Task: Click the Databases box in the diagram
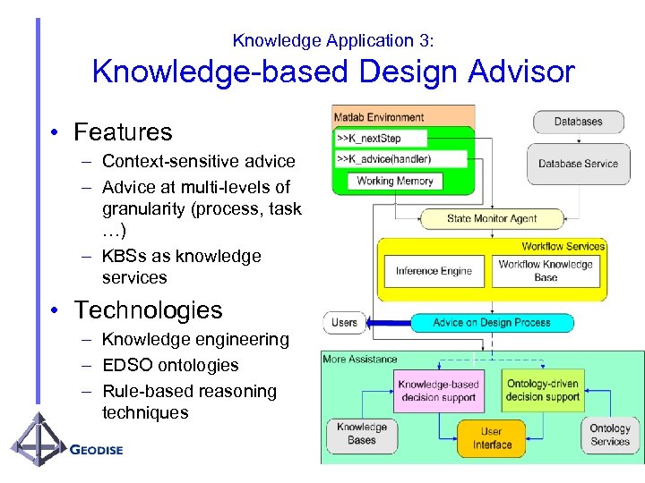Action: (x=578, y=122)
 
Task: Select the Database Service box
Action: (x=578, y=164)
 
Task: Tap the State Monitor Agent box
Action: (x=492, y=218)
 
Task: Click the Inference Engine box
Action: (x=434, y=271)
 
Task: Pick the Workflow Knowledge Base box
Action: (x=546, y=271)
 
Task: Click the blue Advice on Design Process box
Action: (x=492, y=322)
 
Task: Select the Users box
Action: (x=344, y=322)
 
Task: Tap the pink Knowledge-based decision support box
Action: (x=438, y=390)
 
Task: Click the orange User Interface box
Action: (x=492, y=438)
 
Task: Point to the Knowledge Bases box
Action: (x=362, y=434)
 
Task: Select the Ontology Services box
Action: (x=610, y=435)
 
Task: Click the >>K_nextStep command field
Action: (x=380, y=139)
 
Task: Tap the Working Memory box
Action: (x=394, y=181)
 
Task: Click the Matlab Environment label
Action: (x=379, y=117)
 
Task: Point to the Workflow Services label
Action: (x=563, y=246)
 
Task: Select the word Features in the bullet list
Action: (x=123, y=132)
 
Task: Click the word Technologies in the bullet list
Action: (x=148, y=310)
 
